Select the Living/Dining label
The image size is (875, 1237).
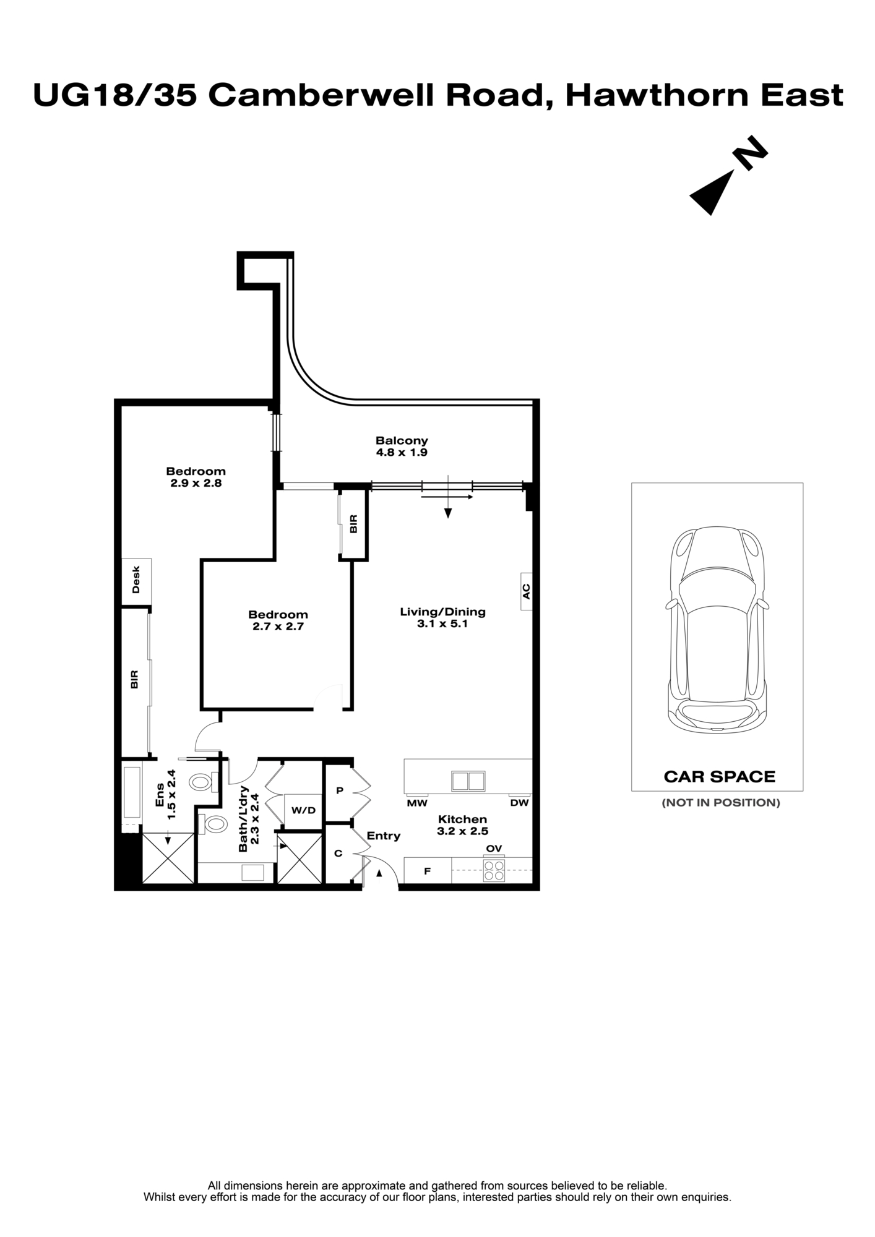tap(442, 618)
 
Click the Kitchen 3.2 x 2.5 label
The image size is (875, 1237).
tap(462, 826)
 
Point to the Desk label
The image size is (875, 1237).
tap(136, 580)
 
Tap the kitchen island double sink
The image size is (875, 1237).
tap(468, 781)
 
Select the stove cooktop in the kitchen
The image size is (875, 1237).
tap(494, 871)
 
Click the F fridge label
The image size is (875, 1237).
tap(427, 871)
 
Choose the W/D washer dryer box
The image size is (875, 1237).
tap(303, 810)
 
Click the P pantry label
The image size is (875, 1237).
tap(339, 791)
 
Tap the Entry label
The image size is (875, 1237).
tap(384, 836)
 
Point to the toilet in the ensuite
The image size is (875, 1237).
tap(201, 782)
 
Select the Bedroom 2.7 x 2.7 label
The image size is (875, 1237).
tap(278, 620)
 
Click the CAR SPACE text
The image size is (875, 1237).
tap(719, 777)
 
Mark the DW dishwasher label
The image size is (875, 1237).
tap(519, 803)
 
